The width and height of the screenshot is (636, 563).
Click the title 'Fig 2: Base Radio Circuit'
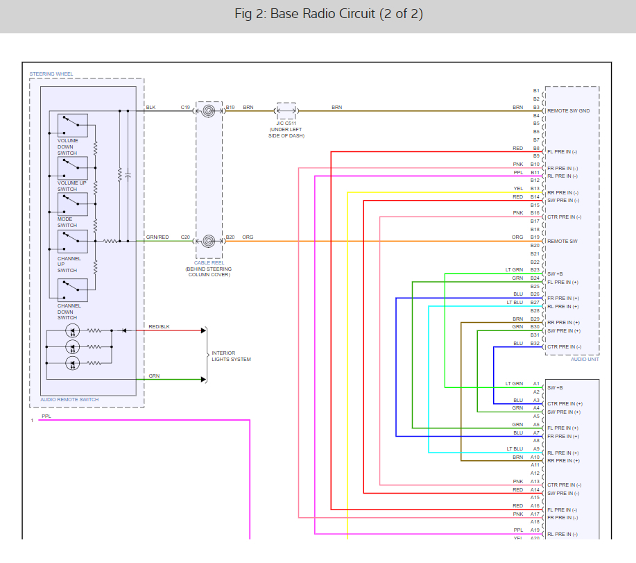tap(329, 14)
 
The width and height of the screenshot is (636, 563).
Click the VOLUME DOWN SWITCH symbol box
tap(72, 126)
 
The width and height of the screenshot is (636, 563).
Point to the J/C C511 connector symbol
tap(286, 110)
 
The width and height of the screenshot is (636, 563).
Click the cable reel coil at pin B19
tap(208, 110)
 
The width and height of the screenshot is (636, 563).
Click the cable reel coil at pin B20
tap(208, 241)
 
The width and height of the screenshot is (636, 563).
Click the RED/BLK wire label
tap(159, 326)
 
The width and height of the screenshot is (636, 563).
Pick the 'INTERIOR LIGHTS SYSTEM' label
tap(231, 356)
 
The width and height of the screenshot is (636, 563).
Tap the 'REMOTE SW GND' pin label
tap(569, 110)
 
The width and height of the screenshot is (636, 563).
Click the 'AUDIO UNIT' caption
tap(584, 360)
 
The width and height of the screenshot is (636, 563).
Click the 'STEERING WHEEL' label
tap(51, 74)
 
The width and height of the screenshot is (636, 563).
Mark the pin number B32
tap(535, 344)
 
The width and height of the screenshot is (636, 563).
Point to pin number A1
tap(535, 384)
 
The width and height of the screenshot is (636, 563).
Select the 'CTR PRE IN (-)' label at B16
tap(564, 217)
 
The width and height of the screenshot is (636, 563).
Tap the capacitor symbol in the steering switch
tap(128, 176)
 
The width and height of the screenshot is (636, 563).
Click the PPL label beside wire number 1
tap(46, 416)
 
